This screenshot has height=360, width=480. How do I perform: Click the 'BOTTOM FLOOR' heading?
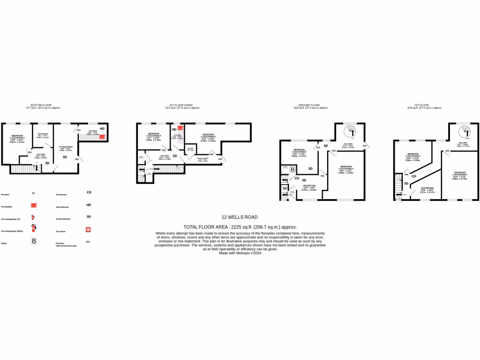[x=44, y=105]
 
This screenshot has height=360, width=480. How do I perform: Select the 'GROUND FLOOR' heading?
[x=309, y=105]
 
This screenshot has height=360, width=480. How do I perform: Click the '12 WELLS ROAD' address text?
[x=240, y=217]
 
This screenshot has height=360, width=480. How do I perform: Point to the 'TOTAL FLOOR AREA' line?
[x=240, y=226]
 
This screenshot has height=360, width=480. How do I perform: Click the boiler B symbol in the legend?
[x=33, y=241]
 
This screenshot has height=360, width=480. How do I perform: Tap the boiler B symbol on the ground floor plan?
[x=292, y=169]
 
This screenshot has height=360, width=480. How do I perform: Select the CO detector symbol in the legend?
[x=89, y=192]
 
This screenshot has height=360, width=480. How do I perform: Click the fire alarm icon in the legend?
[x=88, y=230]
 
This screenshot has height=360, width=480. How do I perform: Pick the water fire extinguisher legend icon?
[x=33, y=228]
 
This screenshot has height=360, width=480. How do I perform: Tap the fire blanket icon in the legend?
[x=33, y=205]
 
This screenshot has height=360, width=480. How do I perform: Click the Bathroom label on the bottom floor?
[x=43, y=135]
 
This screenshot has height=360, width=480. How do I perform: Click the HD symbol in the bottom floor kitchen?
[x=102, y=128]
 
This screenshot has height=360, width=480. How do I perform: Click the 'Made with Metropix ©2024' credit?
[x=240, y=253]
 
